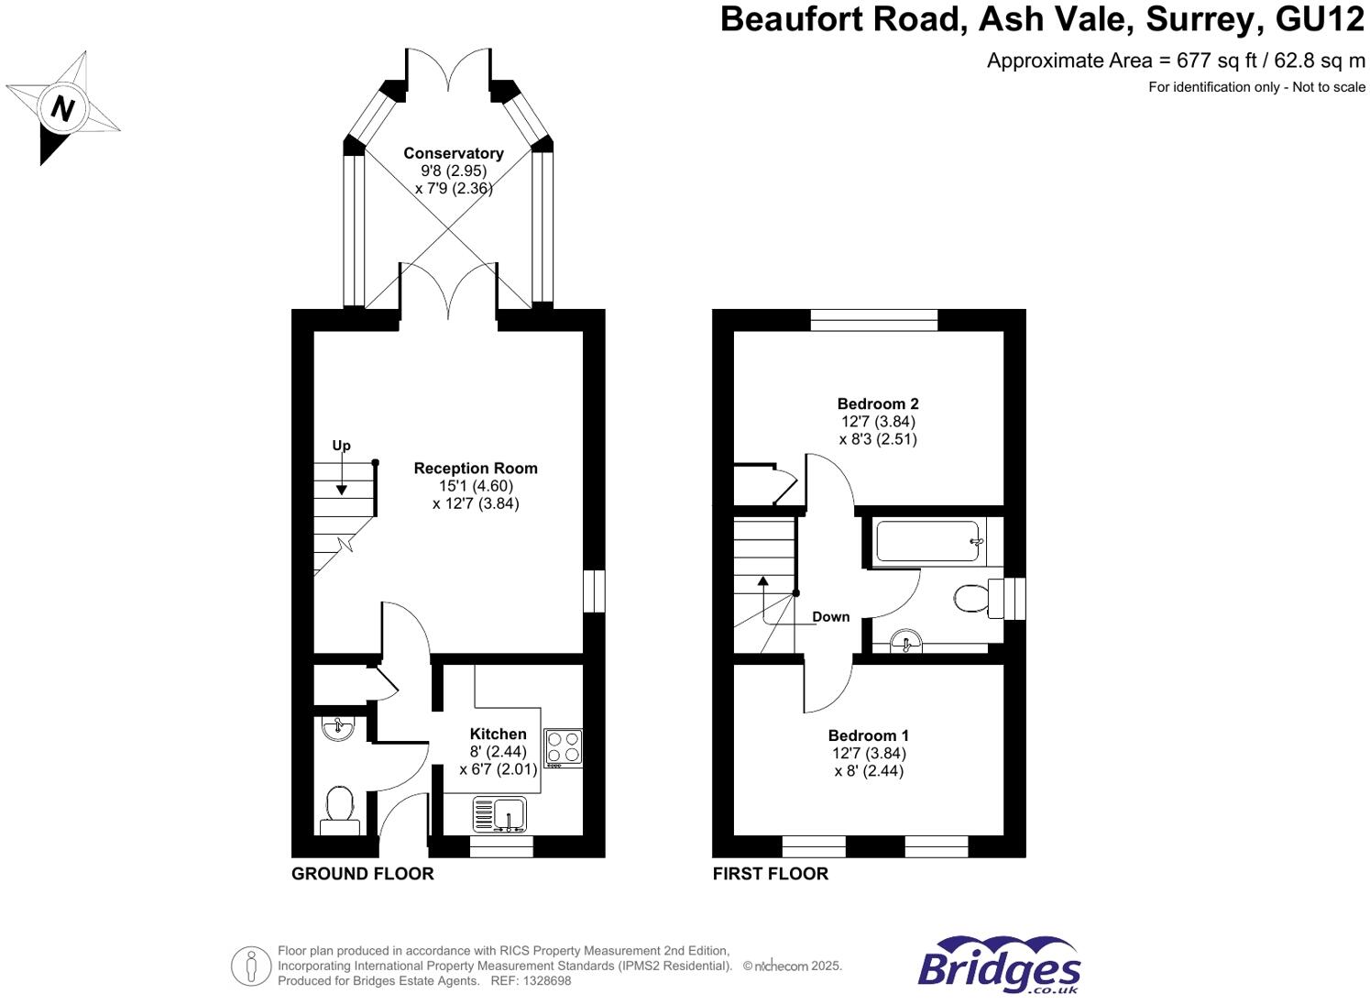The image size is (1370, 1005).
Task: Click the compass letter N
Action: [x=62, y=109]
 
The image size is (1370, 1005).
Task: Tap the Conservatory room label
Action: [x=454, y=153]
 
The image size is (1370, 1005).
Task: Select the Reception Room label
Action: [x=476, y=469]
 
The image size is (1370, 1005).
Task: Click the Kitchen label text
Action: [x=498, y=734]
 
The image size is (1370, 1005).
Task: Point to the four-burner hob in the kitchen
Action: [x=563, y=746]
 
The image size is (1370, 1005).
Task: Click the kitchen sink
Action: [x=509, y=813]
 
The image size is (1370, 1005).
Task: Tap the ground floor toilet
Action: [x=339, y=808]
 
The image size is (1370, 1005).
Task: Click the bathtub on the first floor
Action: [x=929, y=542]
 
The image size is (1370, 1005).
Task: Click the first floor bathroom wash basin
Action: [x=905, y=641]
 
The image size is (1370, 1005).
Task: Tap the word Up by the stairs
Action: [x=341, y=447]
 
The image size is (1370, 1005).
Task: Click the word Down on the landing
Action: [x=830, y=617]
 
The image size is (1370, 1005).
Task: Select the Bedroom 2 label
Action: [x=878, y=403]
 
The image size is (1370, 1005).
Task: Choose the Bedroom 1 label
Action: [x=868, y=735]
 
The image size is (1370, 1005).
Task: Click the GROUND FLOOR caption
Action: [x=362, y=874]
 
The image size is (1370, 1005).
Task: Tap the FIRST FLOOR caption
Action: [x=770, y=874]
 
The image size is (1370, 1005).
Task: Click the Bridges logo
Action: [x=999, y=966]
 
